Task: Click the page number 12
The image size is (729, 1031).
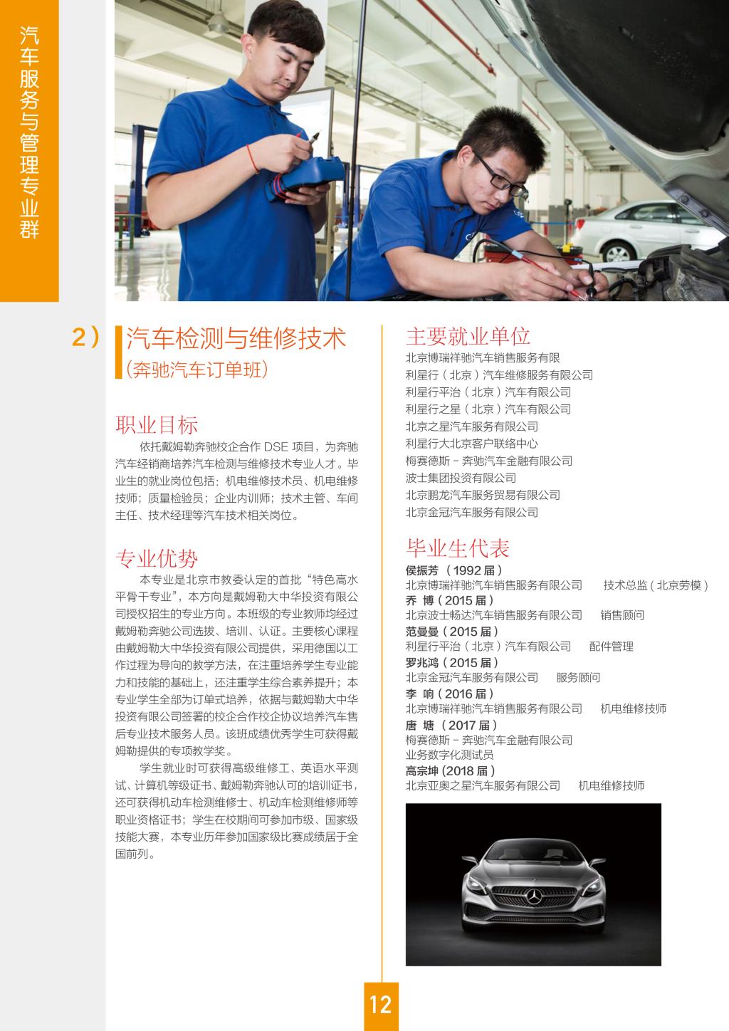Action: [380, 1004]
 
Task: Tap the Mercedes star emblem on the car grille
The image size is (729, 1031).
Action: [534, 896]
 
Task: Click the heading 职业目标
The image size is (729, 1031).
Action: [157, 424]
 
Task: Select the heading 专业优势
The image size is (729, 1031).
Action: [157, 558]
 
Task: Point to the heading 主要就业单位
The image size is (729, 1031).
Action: [468, 336]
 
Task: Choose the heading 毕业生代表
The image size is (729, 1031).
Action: [458, 548]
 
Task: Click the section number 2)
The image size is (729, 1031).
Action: [85, 337]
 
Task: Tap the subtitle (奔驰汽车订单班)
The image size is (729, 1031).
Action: [197, 370]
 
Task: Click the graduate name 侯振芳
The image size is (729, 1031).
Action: [422, 570]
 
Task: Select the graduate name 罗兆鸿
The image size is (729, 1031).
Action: [422, 662]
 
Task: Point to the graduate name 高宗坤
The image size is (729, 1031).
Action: [422, 770]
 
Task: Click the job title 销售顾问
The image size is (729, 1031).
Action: [622, 615]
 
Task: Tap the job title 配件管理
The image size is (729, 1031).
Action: [612, 647]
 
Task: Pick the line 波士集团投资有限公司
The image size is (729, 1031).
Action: [461, 478]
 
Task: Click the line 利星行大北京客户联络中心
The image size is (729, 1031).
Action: [472, 444]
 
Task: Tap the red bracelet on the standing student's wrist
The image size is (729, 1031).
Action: [252, 159]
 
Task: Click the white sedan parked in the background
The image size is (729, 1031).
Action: [644, 230]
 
